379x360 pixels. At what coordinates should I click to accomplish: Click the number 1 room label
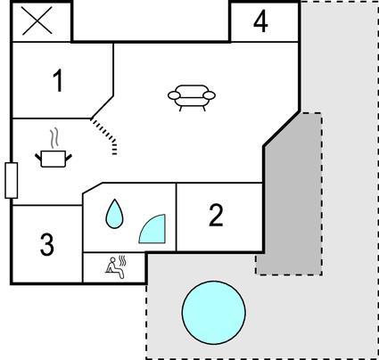coord(58,80)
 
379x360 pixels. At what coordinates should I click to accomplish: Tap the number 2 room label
coord(216,216)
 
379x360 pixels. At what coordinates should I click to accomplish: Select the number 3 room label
coord(47,244)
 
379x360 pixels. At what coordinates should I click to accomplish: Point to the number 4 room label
coord(260,21)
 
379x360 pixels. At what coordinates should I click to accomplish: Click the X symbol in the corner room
coord(37,20)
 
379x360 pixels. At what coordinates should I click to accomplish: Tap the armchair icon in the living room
coord(192,97)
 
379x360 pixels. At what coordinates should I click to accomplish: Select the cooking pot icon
coord(54,159)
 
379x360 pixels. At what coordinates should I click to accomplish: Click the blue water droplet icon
coord(114,214)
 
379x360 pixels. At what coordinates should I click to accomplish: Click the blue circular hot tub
coord(214,313)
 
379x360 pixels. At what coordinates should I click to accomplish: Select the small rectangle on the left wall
coord(12,180)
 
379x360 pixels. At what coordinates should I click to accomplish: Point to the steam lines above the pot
coord(54,138)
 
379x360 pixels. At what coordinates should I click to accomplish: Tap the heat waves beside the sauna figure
coord(122,261)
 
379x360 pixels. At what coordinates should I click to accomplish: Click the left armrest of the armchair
coord(174,95)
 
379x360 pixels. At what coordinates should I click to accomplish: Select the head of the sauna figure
coord(112,260)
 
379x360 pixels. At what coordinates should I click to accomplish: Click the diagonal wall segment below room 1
coord(102,107)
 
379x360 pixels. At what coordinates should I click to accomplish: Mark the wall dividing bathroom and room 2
coord(177,217)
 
